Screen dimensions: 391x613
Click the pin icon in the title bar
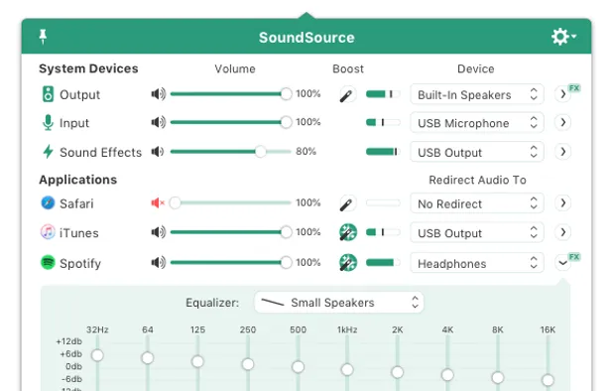coord(43,37)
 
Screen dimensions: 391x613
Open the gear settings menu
coord(562,37)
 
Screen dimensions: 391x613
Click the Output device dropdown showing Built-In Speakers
coord(477,94)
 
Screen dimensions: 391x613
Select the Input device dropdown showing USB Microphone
coord(477,123)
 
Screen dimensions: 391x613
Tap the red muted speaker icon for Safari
coord(158,203)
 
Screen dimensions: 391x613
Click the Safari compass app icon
coord(48,203)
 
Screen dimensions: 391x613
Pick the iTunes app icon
coord(48,233)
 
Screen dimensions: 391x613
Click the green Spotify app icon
coord(48,263)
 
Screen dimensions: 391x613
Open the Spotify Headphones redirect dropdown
coord(477,263)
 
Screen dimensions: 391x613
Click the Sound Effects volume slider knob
coord(261,152)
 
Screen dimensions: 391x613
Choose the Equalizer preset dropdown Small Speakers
coord(339,303)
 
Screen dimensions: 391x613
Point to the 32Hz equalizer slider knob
coord(97,354)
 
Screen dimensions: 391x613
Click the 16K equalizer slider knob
coord(548,380)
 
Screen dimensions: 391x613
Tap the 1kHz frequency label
coord(347,329)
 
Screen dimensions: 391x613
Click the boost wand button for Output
coord(346,94)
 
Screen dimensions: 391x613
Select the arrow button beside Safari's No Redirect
coord(563,203)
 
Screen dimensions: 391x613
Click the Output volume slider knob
coord(287,94)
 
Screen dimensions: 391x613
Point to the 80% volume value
coord(306,152)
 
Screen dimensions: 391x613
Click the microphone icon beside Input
coord(48,123)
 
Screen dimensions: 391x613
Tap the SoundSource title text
coord(306,38)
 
